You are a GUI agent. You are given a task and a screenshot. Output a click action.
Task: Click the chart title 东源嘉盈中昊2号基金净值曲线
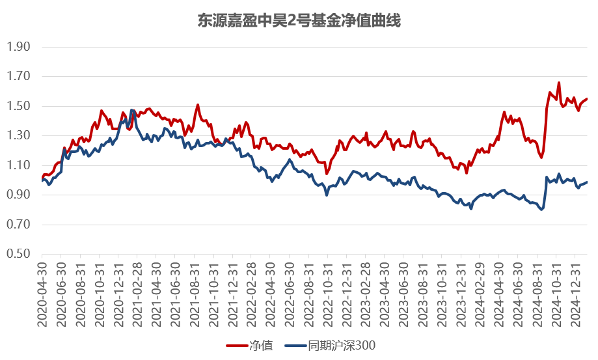299,21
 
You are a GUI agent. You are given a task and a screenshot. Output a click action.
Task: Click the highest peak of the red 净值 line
559,83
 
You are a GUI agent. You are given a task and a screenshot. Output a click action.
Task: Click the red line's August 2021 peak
197,105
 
